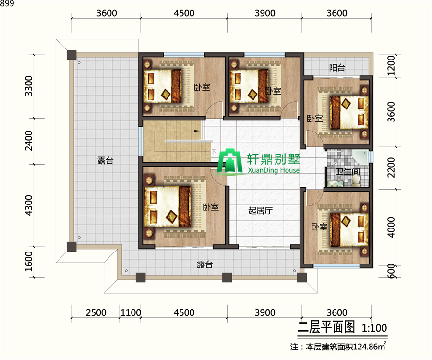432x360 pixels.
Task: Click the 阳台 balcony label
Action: [x=337, y=67]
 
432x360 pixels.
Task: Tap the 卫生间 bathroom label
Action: [x=348, y=171]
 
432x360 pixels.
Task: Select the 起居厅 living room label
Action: [x=260, y=210]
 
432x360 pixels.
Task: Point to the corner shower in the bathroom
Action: [x=360, y=157]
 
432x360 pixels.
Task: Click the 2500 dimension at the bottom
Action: [x=96, y=312]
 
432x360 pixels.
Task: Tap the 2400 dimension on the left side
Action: [x=29, y=141]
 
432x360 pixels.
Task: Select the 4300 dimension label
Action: [x=29, y=205]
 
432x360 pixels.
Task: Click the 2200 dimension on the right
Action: [x=391, y=168]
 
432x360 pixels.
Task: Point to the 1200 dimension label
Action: [x=391, y=66]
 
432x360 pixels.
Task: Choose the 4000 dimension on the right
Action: [x=391, y=227]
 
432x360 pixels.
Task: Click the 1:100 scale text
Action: [x=374, y=328]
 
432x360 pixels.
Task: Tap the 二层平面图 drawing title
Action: [x=326, y=327]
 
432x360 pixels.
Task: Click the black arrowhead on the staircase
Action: [x=197, y=131]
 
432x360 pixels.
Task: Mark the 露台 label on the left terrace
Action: [x=105, y=161]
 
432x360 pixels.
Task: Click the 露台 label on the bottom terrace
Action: [x=204, y=264]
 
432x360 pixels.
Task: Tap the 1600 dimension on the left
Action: [x=29, y=261]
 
